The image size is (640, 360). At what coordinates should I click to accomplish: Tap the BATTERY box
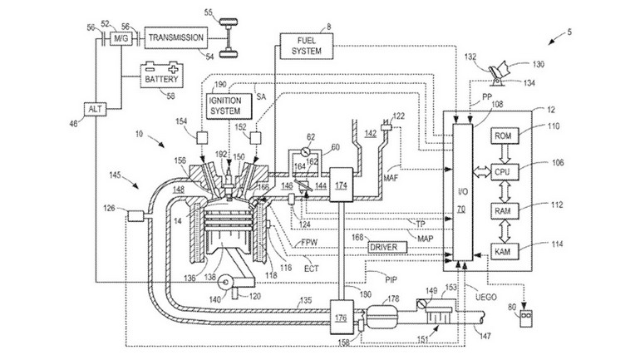coord(161,78)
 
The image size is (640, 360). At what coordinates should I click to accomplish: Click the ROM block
coord(502,136)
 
